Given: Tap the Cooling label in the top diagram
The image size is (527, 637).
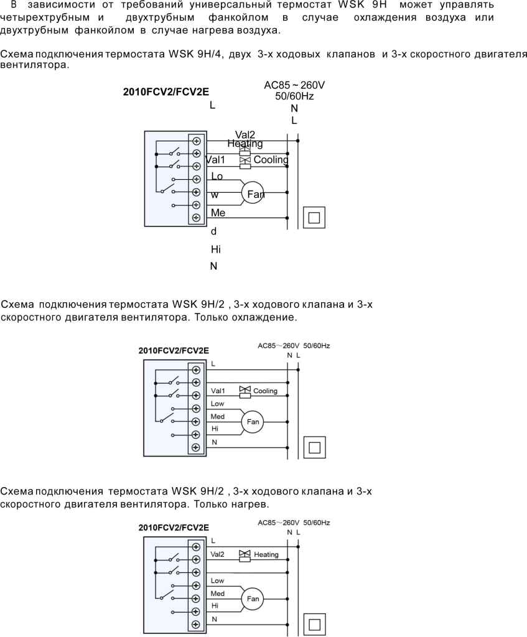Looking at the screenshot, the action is coord(271,160).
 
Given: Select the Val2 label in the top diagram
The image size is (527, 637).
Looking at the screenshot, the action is coord(245,134).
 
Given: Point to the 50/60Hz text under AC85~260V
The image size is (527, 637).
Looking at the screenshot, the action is coord(294,96).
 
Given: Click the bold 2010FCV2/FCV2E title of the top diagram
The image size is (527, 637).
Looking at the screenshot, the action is coord(166,92).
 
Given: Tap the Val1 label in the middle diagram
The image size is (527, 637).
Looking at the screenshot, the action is coord(218,391).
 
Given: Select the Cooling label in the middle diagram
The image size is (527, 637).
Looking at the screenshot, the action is coord(265,391).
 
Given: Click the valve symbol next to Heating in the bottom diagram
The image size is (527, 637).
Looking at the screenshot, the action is coord(245,556).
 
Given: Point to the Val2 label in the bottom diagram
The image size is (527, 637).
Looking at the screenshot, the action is coord(217,554).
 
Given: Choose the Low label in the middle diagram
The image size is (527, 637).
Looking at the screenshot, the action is coord(217,404).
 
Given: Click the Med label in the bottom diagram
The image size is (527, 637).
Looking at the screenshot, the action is coord(217,593).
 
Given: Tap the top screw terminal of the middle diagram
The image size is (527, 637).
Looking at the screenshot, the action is coord(196,370).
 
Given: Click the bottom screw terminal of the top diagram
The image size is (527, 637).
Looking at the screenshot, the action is coord(196,218).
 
